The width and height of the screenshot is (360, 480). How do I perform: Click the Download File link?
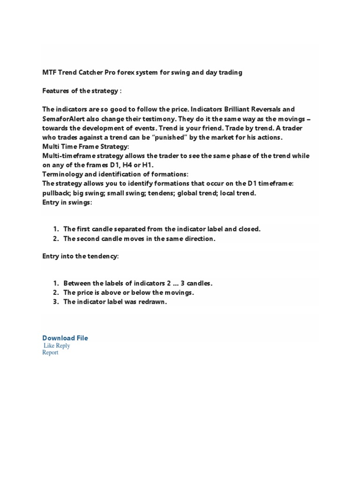[65, 338]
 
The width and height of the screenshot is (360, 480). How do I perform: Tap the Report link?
[50, 352]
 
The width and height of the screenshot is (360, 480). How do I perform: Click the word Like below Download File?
[49, 346]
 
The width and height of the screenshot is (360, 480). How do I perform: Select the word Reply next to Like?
[63, 346]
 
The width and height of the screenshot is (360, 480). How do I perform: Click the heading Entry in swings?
[67, 202]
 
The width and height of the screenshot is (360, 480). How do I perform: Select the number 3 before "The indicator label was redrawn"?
[55, 302]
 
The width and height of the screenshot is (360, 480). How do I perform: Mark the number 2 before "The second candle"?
[55, 239]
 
